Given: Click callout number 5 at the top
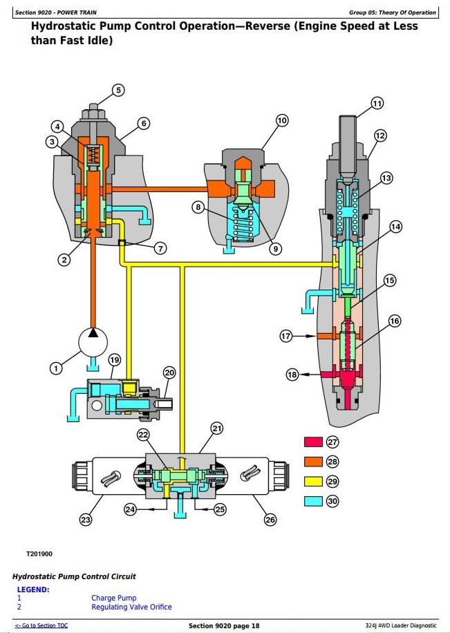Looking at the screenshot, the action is coord(118,90).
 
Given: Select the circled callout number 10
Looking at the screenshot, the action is coord(282,120).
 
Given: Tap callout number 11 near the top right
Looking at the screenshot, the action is coord(377,104).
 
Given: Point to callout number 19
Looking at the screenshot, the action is coord(115,360).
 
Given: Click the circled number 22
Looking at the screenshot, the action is coord(143,435).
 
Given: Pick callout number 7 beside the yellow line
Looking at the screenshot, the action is coord(160,248).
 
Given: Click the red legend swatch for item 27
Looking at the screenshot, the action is coord(313,442).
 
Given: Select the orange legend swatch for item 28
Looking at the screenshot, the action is coord(313,462).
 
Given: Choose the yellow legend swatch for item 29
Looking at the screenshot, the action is coord(313,481).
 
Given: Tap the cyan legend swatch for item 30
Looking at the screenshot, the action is coord(313,501).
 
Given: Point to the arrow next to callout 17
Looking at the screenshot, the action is coord(303,335).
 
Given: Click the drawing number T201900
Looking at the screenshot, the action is coord(39,554).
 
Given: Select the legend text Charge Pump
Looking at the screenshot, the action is coord(114,598).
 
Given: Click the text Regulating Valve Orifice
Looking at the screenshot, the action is coord(131,607).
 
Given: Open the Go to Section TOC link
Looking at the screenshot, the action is coord(41,625).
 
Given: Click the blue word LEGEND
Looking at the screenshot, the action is coord(33,589).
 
